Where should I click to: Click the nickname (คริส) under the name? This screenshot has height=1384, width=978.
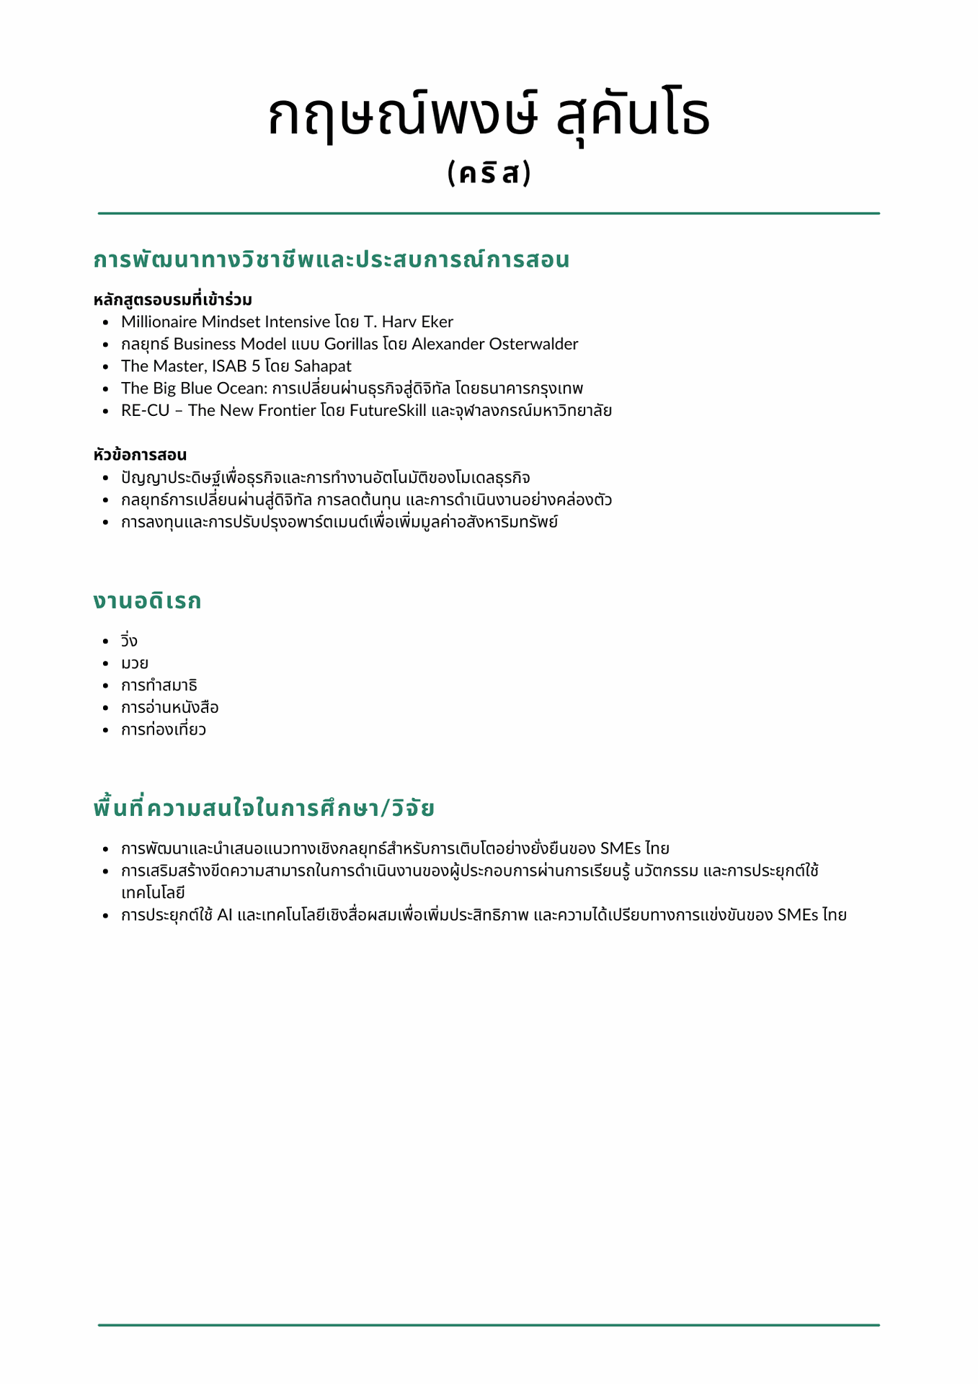tap(489, 174)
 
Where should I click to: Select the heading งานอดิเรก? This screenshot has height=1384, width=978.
tap(147, 601)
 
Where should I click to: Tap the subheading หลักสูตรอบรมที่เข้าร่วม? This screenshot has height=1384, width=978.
tap(172, 300)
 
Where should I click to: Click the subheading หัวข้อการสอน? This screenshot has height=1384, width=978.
tap(140, 455)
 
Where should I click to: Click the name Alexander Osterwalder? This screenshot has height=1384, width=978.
tap(494, 344)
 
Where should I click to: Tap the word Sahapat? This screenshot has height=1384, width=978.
tap(322, 366)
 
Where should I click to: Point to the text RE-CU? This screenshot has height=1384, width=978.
tap(145, 411)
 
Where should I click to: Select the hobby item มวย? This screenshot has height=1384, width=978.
tap(135, 663)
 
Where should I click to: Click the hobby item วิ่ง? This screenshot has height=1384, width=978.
tap(129, 641)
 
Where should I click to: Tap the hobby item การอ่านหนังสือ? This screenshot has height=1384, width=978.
tap(169, 708)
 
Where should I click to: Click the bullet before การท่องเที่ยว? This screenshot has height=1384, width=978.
tap(106, 730)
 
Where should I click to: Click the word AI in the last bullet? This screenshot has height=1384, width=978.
tap(224, 915)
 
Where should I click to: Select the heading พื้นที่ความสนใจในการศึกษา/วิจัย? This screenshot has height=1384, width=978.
tap(264, 809)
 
